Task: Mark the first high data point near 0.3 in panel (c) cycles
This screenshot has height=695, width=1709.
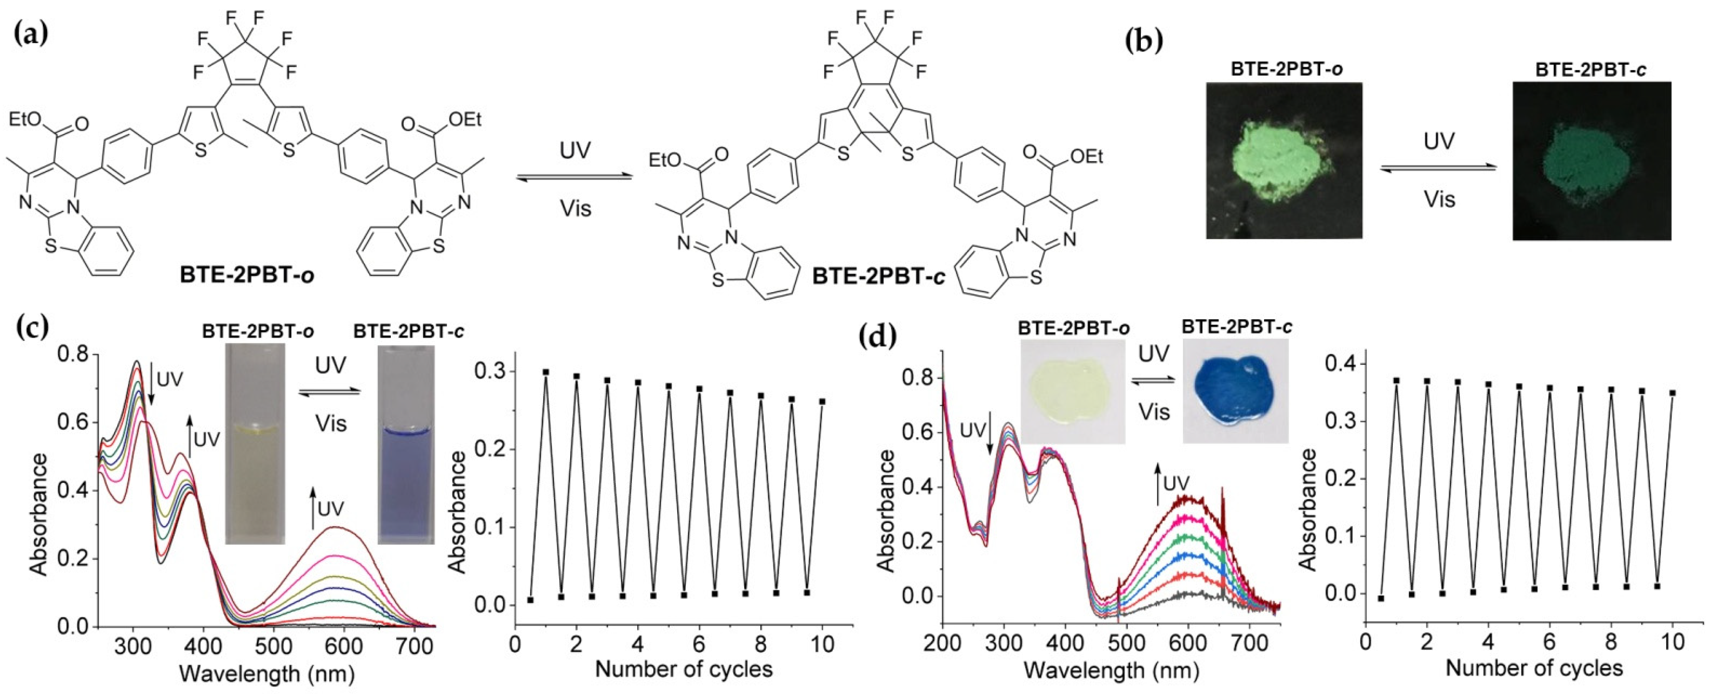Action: point(546,372)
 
